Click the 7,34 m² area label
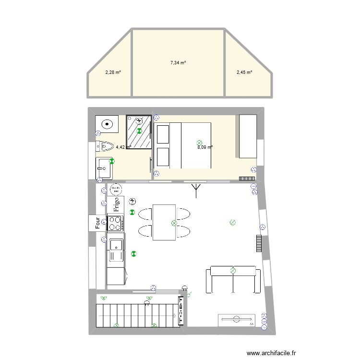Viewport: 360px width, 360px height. coord(178,62)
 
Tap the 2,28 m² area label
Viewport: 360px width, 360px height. coord(113,73)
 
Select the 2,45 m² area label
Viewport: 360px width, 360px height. coord(244,73)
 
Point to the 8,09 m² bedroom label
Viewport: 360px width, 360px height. coord(205,147)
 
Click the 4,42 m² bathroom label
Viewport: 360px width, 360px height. coord(123,147)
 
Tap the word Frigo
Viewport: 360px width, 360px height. coord(116,205)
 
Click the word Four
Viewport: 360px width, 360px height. coord(97,223)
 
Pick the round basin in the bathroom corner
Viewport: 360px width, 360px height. coord(105,124)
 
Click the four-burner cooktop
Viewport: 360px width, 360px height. coord(115,223)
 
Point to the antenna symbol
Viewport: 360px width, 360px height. coord(196,190)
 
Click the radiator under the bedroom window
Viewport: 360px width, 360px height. coord(247,178)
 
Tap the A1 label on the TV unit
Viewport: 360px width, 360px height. coord(252,324)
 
